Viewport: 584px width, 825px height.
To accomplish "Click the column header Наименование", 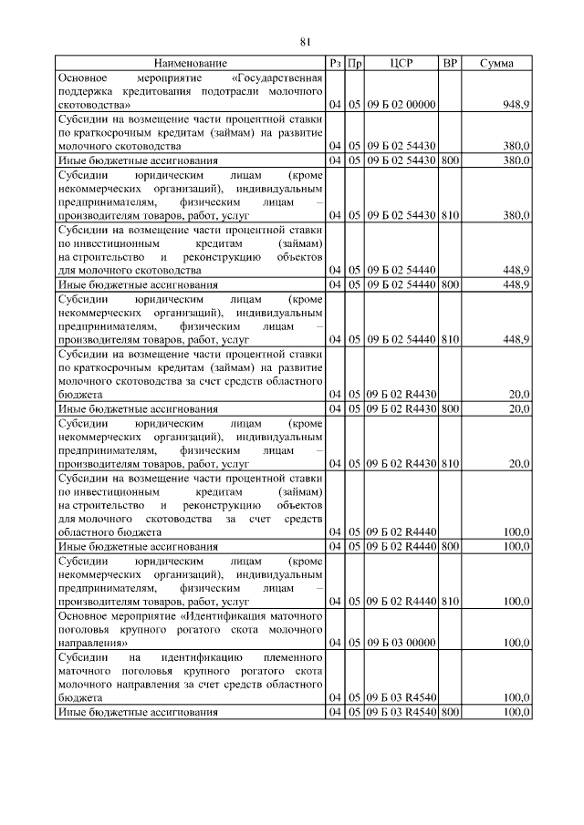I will (191, 64).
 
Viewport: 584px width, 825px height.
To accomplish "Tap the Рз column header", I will (335, 64).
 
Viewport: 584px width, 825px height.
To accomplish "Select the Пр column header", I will (355, 64).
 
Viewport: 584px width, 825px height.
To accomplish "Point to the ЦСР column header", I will (401, 64).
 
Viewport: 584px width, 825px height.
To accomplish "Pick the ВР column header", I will (449, 64).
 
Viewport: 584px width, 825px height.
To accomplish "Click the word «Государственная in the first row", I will (278, 78).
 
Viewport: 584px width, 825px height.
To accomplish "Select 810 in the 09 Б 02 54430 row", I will (449, 214).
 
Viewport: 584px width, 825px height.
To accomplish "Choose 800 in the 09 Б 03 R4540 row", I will (449, 711).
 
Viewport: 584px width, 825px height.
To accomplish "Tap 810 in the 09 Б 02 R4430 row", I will (449, 463).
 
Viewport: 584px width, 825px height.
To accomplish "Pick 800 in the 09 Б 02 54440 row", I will (449, 284).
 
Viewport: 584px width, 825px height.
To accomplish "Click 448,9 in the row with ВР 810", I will (516, 339).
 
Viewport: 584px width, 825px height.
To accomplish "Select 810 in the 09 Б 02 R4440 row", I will (449, 602).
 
